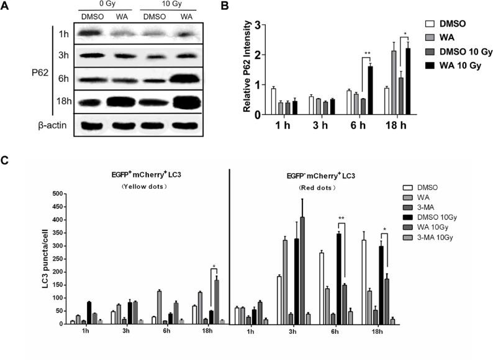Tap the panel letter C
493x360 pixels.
click(6, 161)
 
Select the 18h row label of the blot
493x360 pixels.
click(63, 101)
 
